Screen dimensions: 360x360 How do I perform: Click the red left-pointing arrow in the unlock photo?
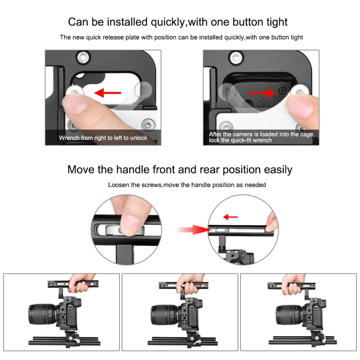tap(108, 93)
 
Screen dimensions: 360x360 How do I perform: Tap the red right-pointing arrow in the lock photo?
tap(262, 93)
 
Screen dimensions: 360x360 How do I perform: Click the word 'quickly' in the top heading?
tap(168, 22)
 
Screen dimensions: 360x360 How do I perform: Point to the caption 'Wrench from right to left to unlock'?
tap(103, 138)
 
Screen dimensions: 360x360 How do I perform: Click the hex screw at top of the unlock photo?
tap(83, 58)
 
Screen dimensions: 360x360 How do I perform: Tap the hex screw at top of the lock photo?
tap(235, 58)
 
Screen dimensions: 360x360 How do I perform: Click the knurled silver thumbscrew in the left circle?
tap(125, 230)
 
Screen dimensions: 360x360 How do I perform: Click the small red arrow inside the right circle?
tap(230, 217)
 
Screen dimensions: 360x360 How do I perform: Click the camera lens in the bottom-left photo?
tap(43, 314)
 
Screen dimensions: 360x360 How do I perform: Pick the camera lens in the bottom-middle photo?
tap(164, 314)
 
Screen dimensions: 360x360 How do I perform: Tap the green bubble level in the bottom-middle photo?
tap(192, 338)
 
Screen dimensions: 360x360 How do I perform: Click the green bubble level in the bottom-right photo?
tap(316, 338)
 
